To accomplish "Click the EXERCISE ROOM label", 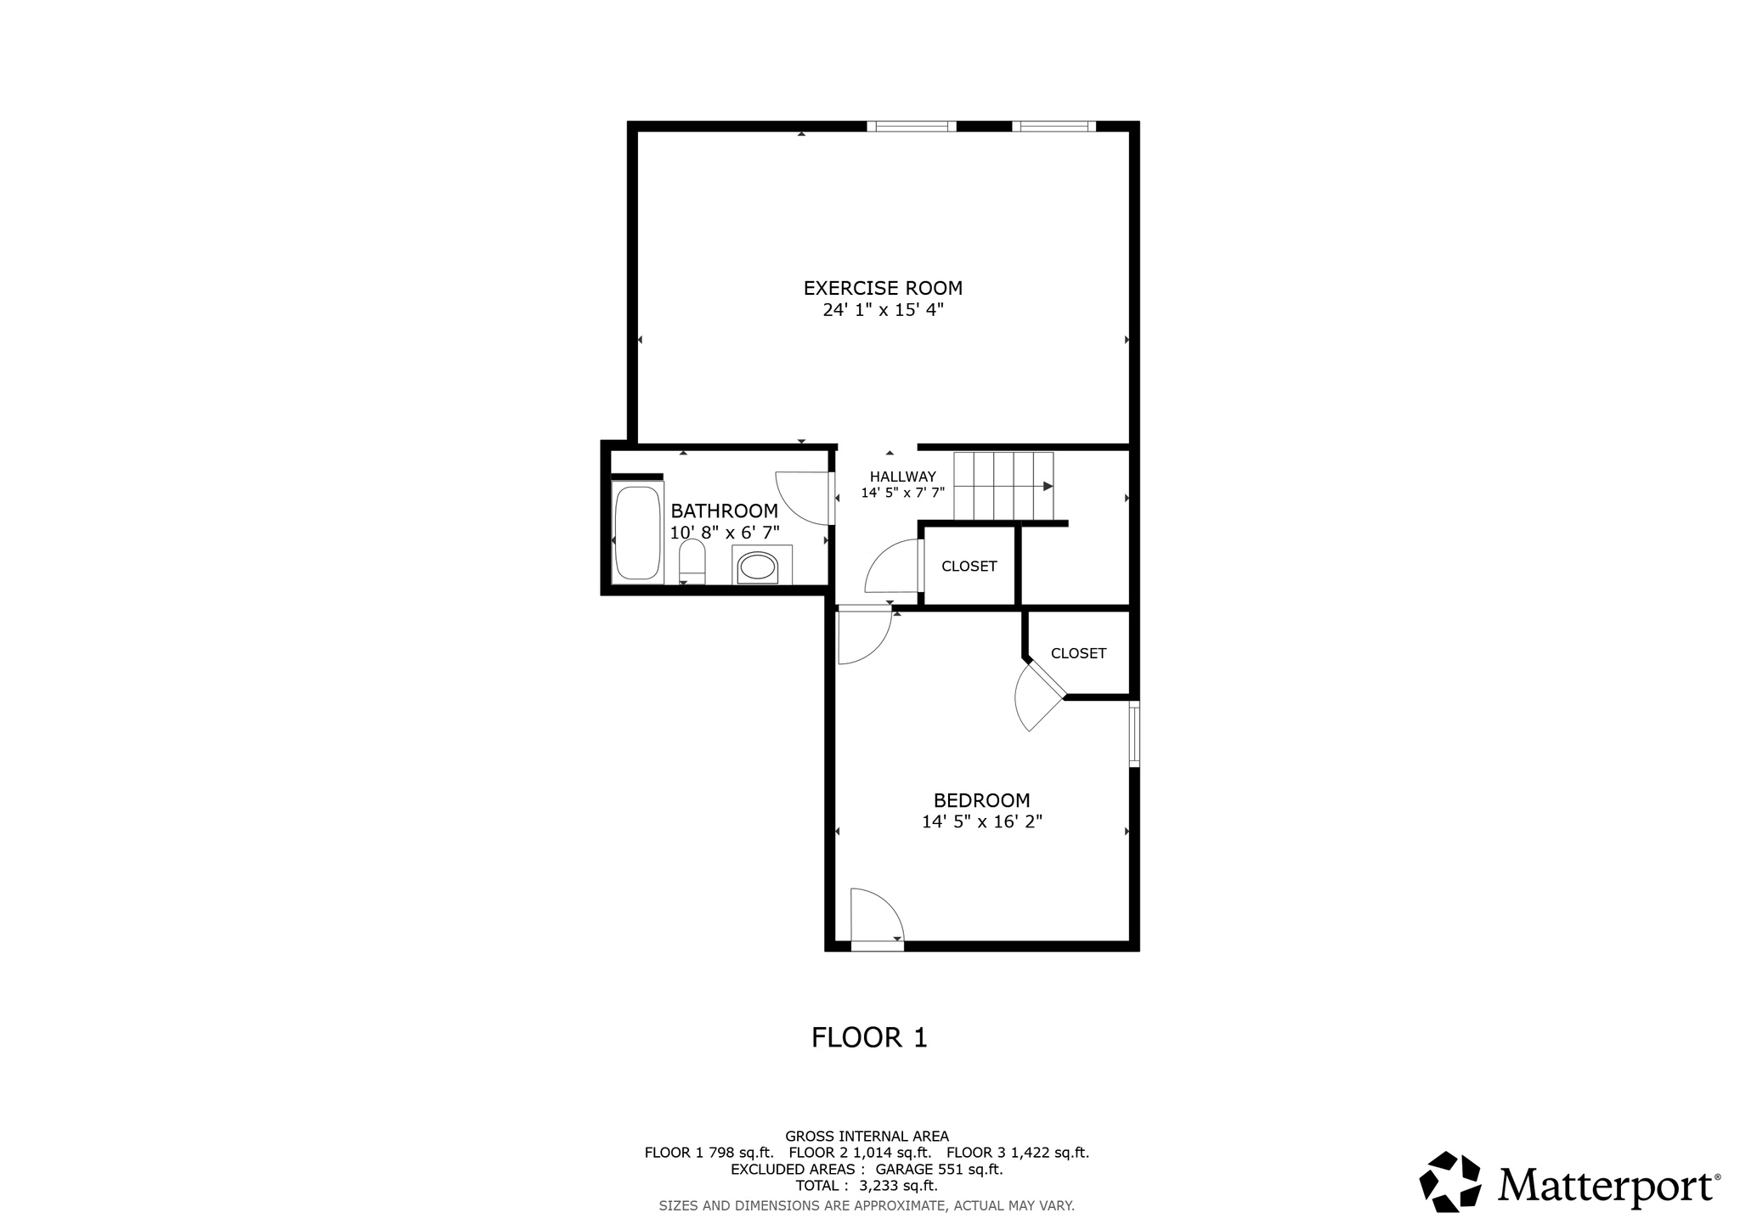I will point(883,288).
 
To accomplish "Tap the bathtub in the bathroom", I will point(636,533).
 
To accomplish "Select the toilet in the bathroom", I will point(692,562).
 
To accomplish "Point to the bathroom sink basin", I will point(756,567).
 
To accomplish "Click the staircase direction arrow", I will point(1048,486).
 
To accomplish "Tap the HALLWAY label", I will point(902,477).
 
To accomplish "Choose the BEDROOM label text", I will point(981,800).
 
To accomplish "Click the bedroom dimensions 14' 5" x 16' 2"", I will point(981,822).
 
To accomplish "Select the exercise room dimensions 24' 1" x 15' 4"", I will point(883,310).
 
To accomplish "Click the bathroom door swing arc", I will point(799,501).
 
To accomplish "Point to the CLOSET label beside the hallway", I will point(969,567).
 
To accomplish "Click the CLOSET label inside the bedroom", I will point(1078,653).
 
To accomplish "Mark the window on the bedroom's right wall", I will point(1134,734).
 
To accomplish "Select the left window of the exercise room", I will point(912,127).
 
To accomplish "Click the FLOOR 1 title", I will point(869,1037).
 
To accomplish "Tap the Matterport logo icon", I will point(1450,1182).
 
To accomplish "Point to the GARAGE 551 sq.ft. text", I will point(939,1169).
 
